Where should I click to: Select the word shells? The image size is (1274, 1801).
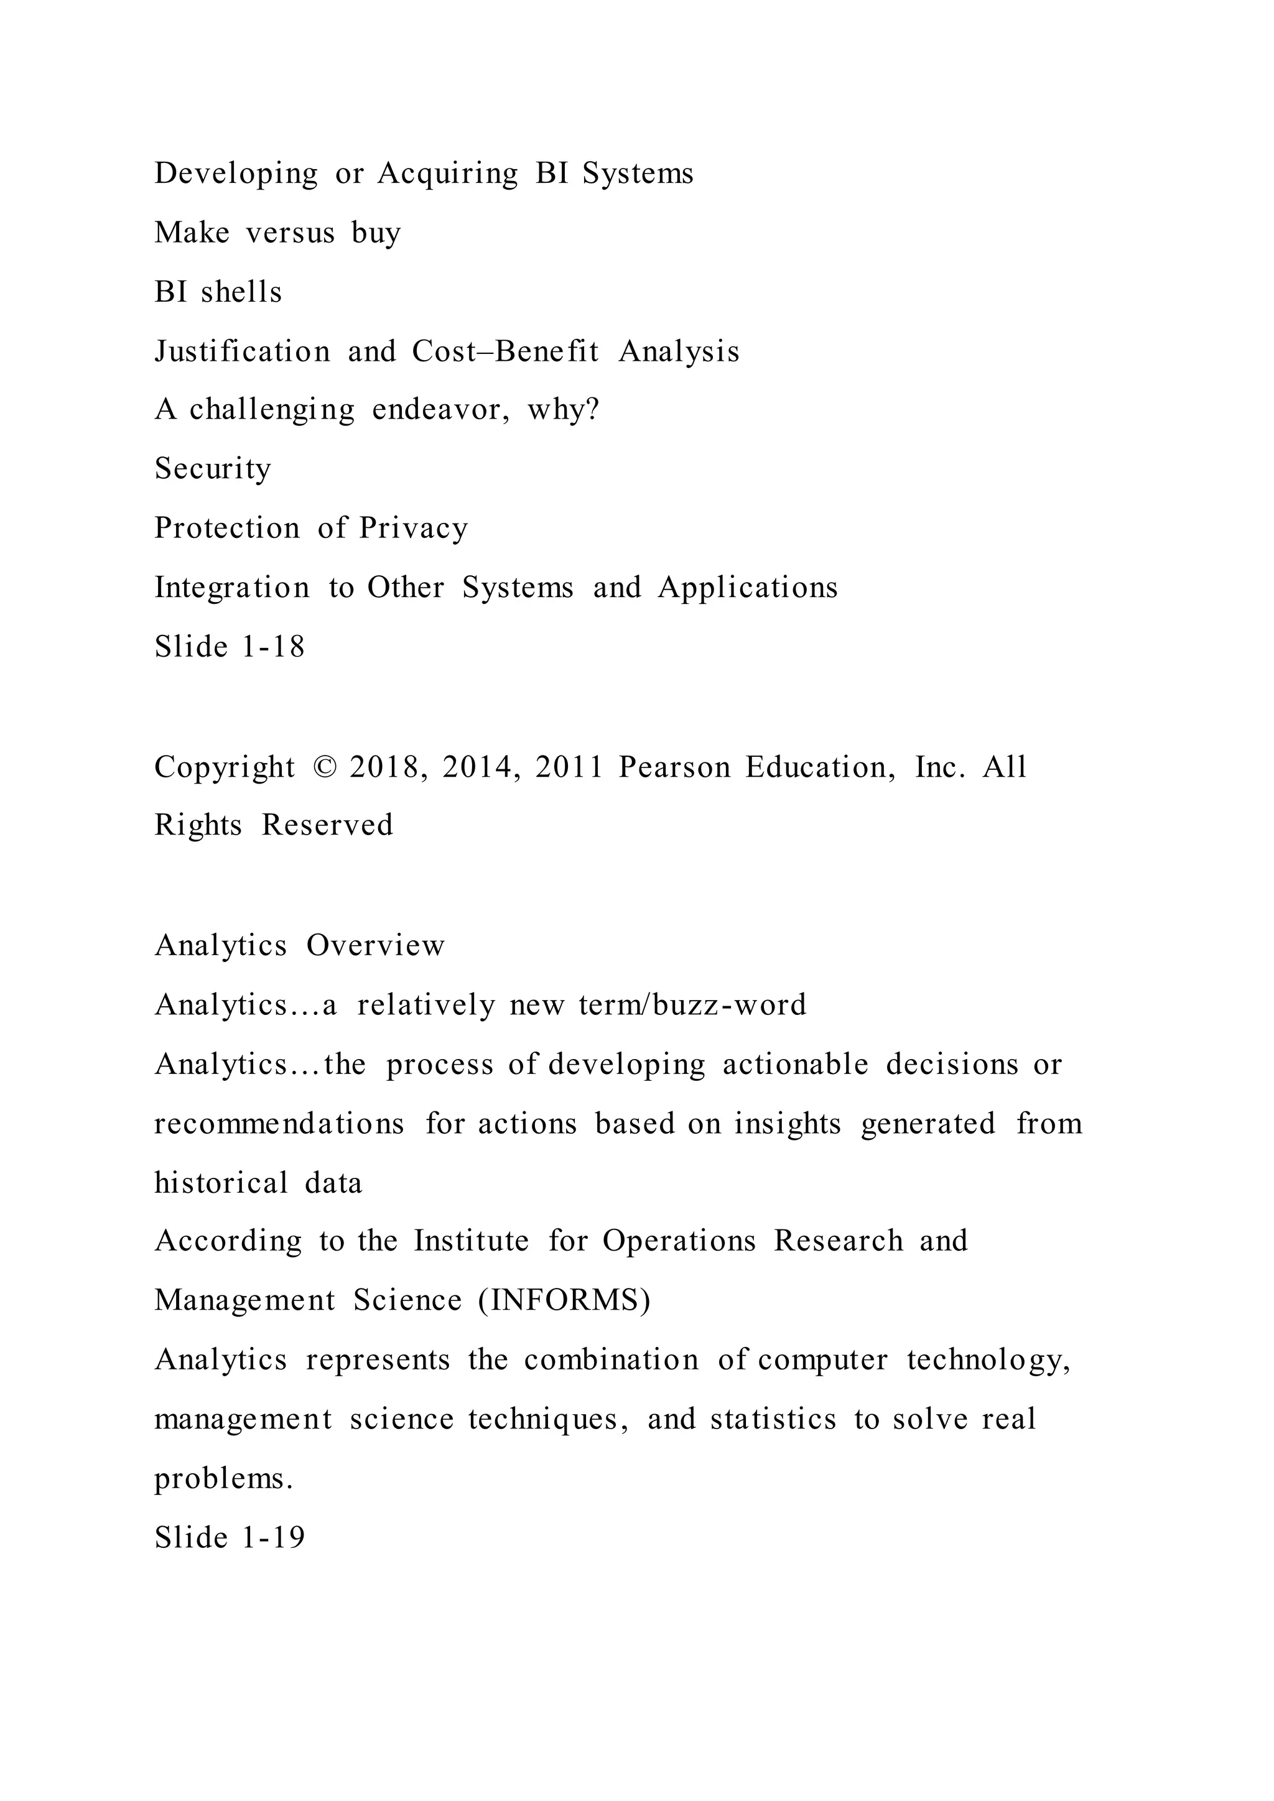click(241, 292)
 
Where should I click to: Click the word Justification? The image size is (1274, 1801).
click(243, 351)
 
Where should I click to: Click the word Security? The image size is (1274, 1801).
click(213, 469)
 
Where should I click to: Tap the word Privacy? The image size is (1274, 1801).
click(414, 529)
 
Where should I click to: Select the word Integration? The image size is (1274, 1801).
click(232, 588)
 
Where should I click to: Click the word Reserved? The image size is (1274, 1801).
click(327, 825)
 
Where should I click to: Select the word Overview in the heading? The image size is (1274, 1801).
click(375, 945)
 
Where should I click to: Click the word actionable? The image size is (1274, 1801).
click(796, 1065)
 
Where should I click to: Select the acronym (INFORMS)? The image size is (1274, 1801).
click(565, 1300)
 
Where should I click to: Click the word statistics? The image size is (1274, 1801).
click(773, 1419)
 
